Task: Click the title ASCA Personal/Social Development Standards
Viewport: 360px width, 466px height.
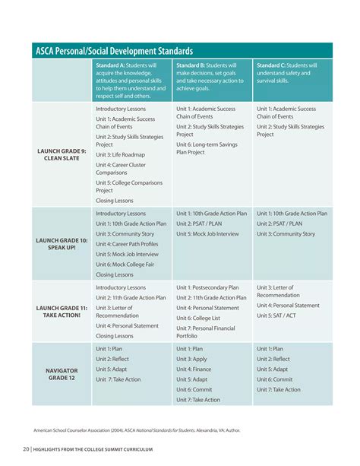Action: (114, 51)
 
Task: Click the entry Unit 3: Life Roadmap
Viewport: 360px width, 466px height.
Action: (120, 154)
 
